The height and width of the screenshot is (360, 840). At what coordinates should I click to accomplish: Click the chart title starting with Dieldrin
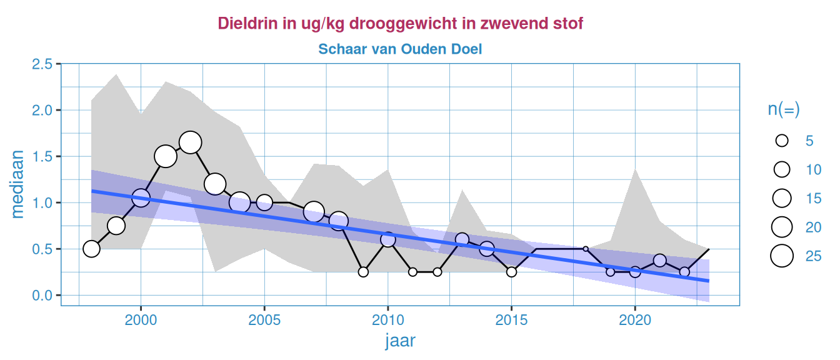(x=400, y=24)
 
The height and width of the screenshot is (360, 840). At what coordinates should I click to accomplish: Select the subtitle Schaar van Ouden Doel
(x=400, y=49)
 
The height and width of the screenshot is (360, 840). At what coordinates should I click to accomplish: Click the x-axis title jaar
(x=400, y=341)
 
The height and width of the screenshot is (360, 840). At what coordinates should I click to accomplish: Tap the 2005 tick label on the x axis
(x=264, y=319)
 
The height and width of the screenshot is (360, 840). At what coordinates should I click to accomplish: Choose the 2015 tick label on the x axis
(x=511, y=319)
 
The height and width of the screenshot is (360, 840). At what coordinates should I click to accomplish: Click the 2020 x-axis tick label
(x=635, y=319)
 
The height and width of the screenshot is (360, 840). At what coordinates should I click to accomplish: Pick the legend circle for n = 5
(x=781, y=141)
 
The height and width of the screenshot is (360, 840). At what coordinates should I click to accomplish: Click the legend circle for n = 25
(x=781, y=256)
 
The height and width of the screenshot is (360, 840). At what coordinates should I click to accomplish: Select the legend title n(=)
(x=784, y=109)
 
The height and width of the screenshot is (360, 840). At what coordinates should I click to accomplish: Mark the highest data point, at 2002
(x=190, y=142)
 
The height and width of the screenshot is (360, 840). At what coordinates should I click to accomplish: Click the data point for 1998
(x=91, y=249)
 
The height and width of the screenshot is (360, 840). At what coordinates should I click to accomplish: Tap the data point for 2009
(x=363, y=272)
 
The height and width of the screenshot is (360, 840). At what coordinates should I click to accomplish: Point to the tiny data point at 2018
(x=586, y=249)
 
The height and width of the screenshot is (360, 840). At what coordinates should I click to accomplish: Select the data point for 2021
(x=659, y=260)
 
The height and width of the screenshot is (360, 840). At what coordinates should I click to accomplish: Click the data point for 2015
(x=511, y=272)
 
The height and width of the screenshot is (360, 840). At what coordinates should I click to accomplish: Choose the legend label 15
(x=813, y=198)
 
